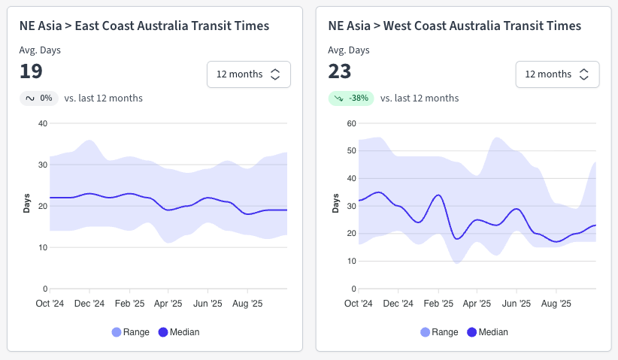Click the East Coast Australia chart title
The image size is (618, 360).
pyautogui.click(x=144, y=26)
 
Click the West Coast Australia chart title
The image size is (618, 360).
pyautogui.click(x=454, y=26)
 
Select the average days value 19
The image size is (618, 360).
pyautogui.click(x=31, y=71)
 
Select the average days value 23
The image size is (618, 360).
pyautogui.click(x=340, y=71)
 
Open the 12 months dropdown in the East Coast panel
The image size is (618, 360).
pyautogui.click(x=248, y=74)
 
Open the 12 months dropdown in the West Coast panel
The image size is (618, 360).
pyautogui.click(x=557, y=74)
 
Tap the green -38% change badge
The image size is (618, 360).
pyautogui.click(x=350, y=98)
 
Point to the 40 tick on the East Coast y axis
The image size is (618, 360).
pyautogui.click(x=43, y=123)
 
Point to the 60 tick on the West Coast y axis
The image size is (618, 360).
pyautogui.click(x=351, y=123)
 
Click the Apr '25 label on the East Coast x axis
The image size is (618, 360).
pyautogui.click(x=168, y=304)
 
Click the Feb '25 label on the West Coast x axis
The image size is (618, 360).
pyautogui.click(x=438, y=304)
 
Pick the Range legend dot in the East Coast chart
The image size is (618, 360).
pyautogui.click(x=116, y=332)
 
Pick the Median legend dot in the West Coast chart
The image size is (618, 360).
pyautogui.click(x=472, y=332)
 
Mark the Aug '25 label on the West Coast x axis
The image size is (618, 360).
pyautogui.click(x=556, y=304)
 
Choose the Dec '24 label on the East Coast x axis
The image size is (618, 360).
pyautogui.click(x=89, y=304)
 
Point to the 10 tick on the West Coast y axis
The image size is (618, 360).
pyautogui.click(x=351, y=261)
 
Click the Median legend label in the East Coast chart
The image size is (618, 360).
pyautogui.click(x=186, y=332)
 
